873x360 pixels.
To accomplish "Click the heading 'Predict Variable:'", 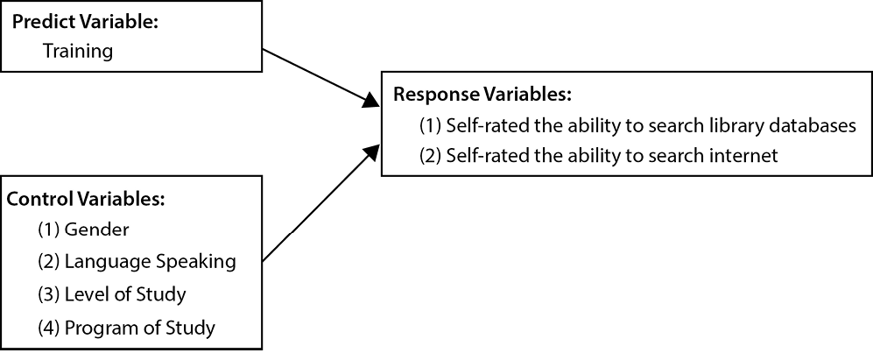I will click(x=85, y=23).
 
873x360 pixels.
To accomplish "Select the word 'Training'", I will click(x=78, y=51).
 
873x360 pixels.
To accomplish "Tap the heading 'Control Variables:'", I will click(x=86, y=199).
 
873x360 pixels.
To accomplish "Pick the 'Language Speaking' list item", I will click(x=150, y=262).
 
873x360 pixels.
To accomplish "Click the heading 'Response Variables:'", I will click(x=482, y=94).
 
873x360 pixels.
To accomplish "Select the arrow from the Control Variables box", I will click(x=315, y=207).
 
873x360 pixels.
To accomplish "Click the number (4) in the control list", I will click(x=49, y=328).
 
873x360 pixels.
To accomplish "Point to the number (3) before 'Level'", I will click(x=49, y=294).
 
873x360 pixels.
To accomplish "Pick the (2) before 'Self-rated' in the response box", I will click(x=430, y=156).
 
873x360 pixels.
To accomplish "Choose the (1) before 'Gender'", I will click(x=49, y=229).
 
